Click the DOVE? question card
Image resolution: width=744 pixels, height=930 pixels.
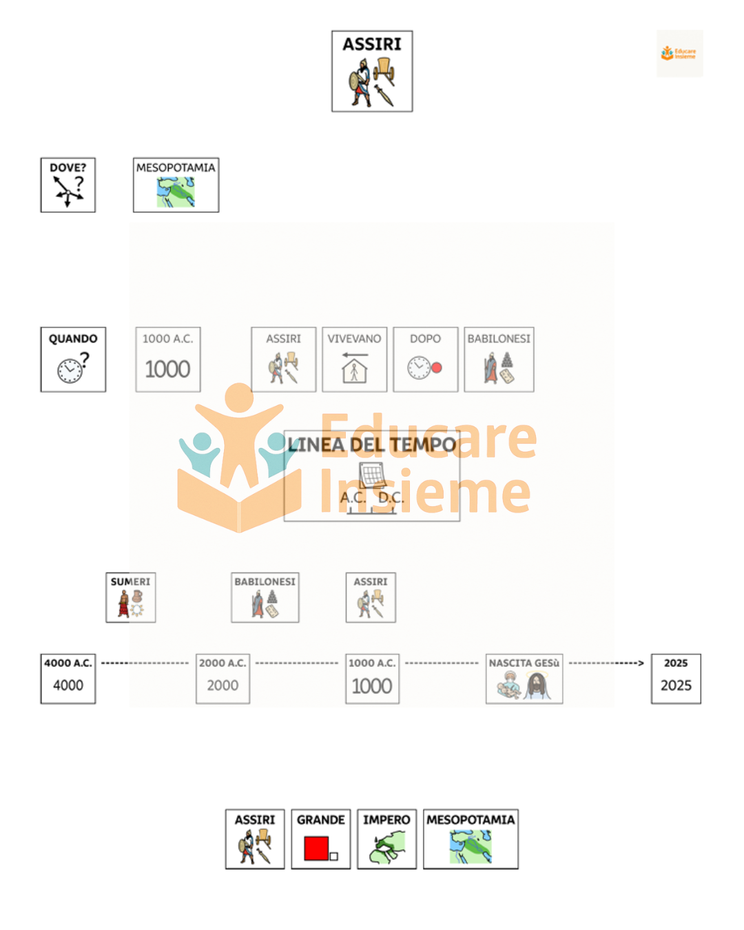[68, 185]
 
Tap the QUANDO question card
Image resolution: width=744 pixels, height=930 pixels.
[73, 359]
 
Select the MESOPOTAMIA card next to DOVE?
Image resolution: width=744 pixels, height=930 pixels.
[176, 185]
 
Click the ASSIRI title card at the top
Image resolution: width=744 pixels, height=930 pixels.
[372, 71]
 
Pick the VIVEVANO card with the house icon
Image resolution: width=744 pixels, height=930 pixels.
[354, 359]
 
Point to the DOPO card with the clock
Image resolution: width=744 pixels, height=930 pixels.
[425, 359]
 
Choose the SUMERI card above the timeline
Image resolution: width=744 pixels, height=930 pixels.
[130, 597]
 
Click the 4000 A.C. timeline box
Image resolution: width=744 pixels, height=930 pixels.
[68, 679]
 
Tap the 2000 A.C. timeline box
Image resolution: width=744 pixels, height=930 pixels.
[223, 679]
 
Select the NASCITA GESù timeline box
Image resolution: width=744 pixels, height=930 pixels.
[524, 679]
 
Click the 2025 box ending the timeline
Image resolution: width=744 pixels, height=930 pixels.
[676, 679]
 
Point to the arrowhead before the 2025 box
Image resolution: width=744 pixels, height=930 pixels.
[641, 663]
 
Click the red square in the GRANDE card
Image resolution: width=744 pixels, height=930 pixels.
[316, 848]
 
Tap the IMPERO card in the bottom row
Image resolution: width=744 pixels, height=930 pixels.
[386, 838]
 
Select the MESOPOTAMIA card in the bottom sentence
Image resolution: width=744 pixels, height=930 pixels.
[471, 838]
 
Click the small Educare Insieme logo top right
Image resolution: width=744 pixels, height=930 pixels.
[679, 53]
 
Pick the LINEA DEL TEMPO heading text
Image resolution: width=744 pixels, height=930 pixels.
[372, 445]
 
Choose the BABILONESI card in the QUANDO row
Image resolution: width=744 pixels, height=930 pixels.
[499, 359]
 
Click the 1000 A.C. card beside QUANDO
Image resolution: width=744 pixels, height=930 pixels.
[167, 359]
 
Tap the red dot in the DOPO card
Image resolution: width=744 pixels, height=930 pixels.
[437, 368]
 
